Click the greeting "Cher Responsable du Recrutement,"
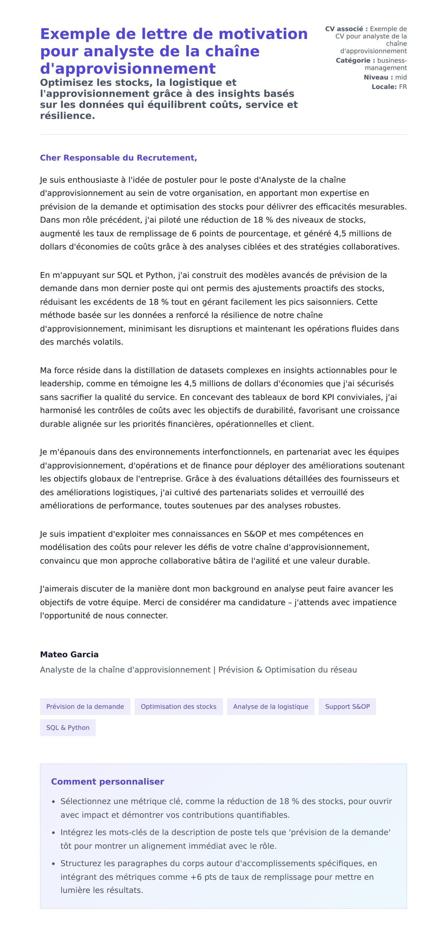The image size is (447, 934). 118,158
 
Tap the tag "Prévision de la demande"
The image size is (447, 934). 85,706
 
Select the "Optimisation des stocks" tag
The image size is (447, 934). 178,706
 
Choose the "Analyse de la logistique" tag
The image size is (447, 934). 270,706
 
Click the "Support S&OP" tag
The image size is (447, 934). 347,706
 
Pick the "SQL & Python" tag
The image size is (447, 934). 68,727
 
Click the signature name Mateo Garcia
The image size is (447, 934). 69,654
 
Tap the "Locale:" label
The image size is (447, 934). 384,87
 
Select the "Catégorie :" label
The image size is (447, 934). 355,60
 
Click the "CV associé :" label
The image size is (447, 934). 346,29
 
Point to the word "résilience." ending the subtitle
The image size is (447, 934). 67,116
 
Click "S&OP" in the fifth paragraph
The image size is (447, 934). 255,534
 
